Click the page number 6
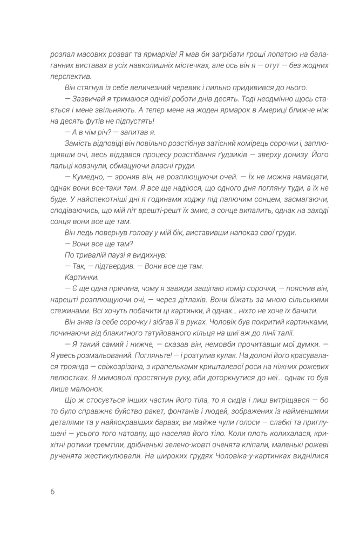(x=52, y=492)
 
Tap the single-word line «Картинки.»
(x=79, y=278)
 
